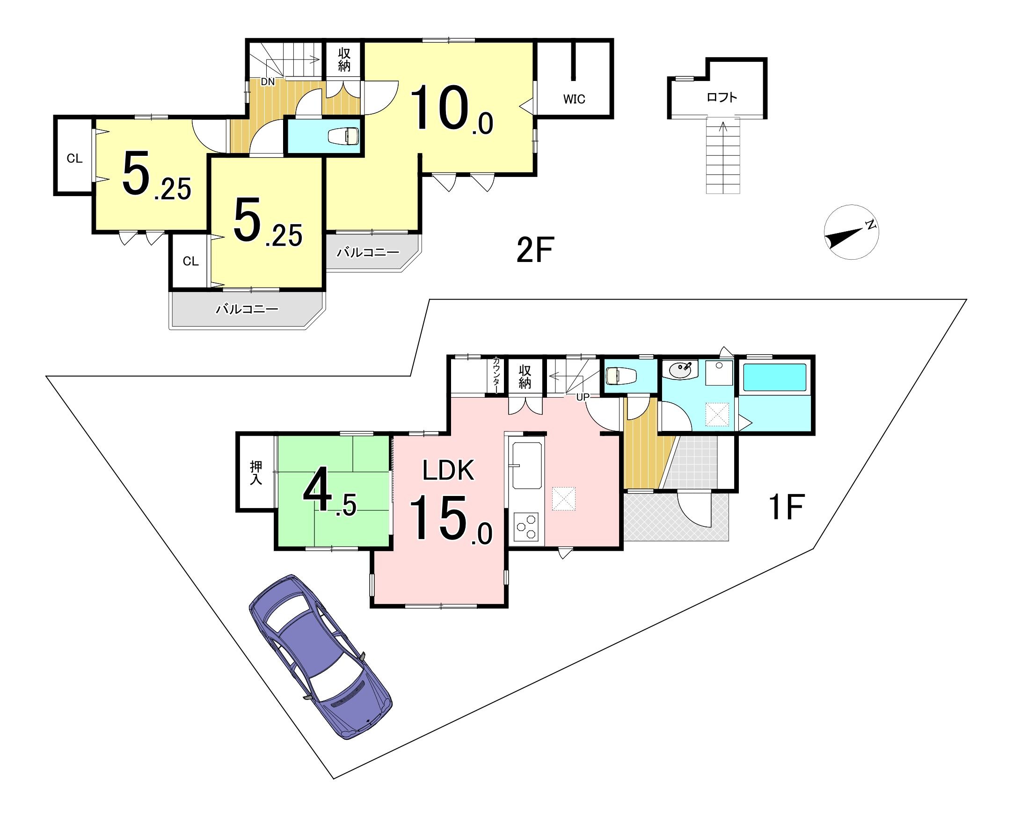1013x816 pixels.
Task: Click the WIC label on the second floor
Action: (574, 99)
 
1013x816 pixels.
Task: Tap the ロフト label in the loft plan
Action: (721, 98)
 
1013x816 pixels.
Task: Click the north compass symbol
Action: (851, 232)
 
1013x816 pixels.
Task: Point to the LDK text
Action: (448, 470)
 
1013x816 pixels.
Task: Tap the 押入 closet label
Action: (256, 473)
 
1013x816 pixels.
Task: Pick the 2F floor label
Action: (535, 250)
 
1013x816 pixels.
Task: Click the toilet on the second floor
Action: (345, 136)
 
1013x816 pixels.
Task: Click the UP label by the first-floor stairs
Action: (583, 397)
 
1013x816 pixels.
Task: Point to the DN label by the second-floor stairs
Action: (268, 82)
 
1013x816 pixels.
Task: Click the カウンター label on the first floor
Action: (496, 375)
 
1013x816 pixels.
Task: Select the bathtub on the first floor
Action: (774, 378)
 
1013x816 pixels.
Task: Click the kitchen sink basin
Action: (527, 466)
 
